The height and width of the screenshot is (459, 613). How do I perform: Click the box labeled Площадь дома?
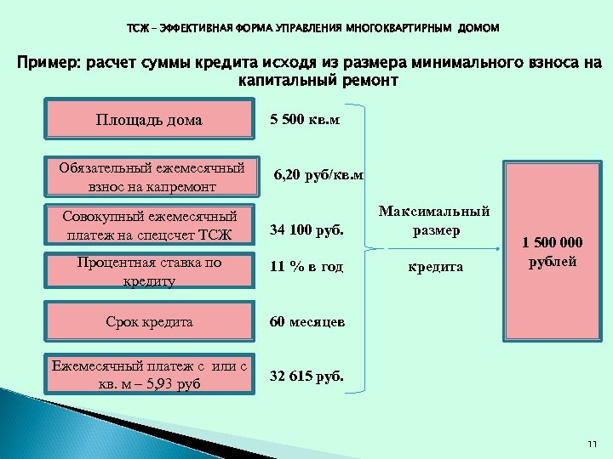pos(149,120)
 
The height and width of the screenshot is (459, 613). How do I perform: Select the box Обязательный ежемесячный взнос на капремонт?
pos(149,178)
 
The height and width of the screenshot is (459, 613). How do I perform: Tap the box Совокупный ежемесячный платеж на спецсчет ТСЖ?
pos(149,225)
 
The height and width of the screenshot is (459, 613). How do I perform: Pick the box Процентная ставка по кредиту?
pos(149,271)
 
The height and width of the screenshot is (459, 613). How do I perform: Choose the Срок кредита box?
pos(149,322)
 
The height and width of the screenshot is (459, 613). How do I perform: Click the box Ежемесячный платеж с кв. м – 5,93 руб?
pos(149,374)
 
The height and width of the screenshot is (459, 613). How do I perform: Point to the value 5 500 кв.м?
pos(305,119)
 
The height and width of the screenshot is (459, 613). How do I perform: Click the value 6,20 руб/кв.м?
pos(318,176)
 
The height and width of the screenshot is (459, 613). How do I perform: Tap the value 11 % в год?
pos(306,267)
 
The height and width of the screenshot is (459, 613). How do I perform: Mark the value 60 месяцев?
pos(306,322)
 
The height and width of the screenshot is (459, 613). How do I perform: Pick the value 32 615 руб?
pos(306,374)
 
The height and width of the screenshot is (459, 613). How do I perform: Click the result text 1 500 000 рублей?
pos(553,252)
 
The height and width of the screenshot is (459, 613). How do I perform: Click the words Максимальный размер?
pos(435,220)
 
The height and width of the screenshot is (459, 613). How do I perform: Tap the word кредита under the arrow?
pos(436,267)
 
